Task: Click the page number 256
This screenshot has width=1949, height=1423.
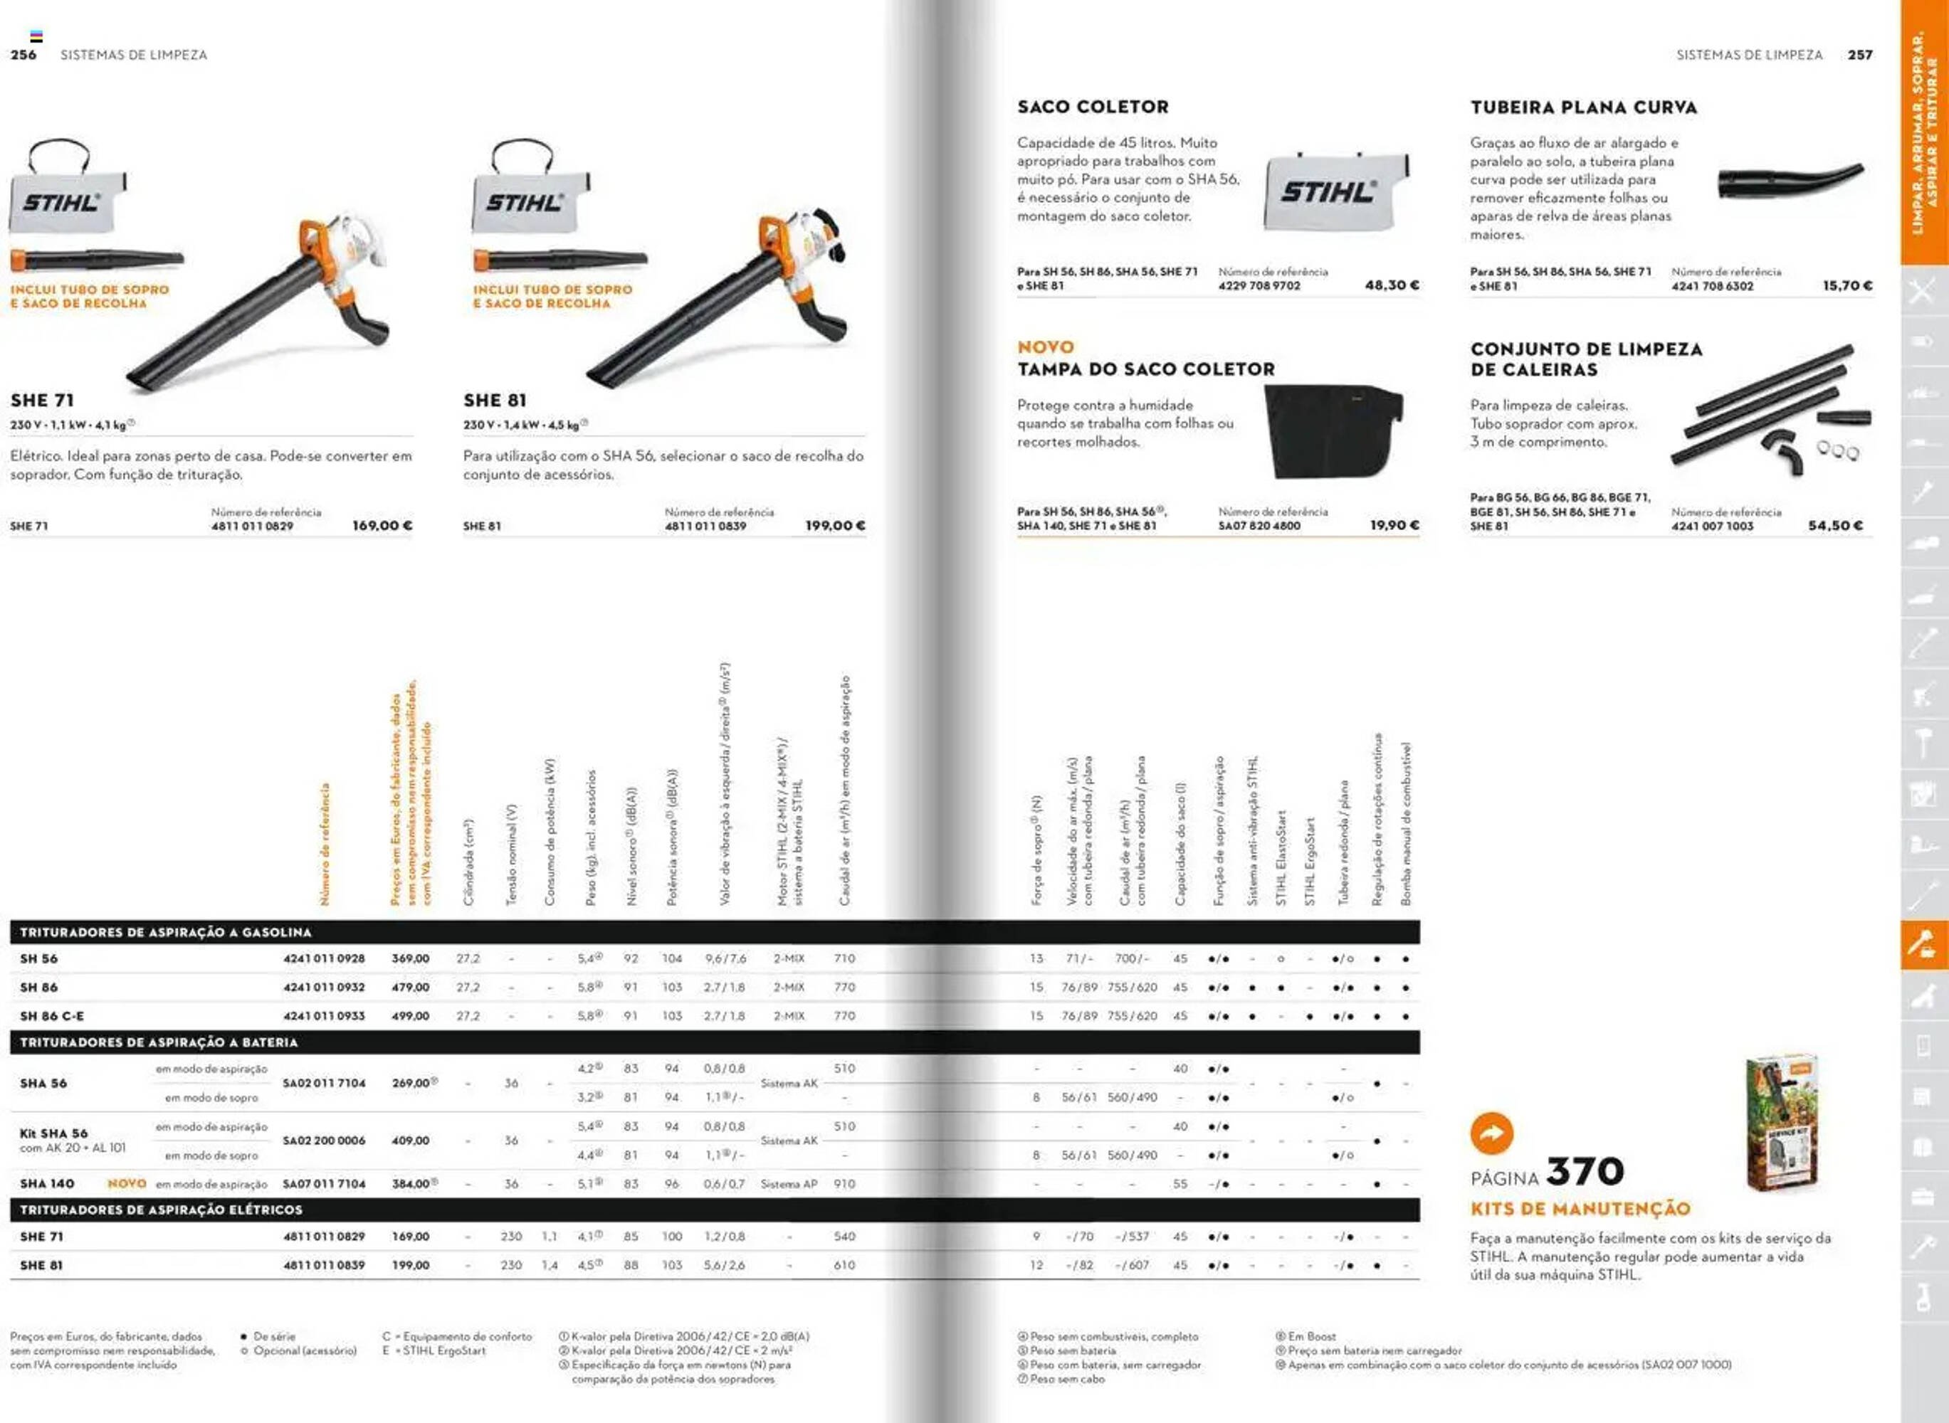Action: click(23, 55)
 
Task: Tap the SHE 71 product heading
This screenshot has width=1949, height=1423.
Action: click(42, 401)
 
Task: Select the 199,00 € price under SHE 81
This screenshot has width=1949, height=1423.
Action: click(835, 525)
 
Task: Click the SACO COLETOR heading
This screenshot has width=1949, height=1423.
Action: click(1093, 107)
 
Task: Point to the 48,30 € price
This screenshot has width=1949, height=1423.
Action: click(1392, 285)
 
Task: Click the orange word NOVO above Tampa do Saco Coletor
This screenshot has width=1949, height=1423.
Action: click(1045, 347)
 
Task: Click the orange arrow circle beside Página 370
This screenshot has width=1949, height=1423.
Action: click(1491, 1133)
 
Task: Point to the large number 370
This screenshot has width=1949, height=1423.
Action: click(1585, 1171)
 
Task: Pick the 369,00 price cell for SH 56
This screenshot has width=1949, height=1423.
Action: click(410, 958)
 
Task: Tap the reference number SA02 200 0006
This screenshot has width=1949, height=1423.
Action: click(324, 1141)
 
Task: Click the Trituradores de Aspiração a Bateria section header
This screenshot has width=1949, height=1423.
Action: click(159, 1042)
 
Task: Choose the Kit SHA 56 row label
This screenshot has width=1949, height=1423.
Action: click(53, 1133)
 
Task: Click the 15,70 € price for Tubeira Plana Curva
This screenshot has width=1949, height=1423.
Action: click(1846, 286)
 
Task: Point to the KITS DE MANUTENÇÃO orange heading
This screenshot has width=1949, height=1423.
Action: click(1580, 1210)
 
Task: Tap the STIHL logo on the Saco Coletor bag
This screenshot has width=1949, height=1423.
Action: click(1327, 192)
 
